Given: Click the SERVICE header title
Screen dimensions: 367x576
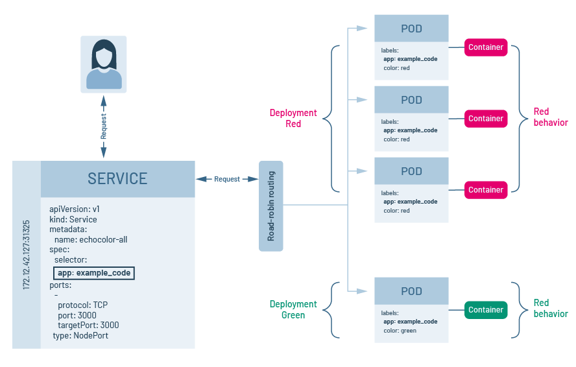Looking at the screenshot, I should tap(117, 178).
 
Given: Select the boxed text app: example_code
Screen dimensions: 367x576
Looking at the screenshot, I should tap(93, 273).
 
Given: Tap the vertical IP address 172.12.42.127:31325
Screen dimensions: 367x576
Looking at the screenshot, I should tap(27, 254).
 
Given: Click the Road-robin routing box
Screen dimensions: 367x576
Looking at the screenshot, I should tap(271, 206).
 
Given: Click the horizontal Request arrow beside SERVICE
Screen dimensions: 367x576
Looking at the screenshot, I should tap(227, 179).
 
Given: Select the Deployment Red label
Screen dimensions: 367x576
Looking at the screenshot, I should tap(293, 118).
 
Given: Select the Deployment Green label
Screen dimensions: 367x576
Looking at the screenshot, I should tap(293, 309).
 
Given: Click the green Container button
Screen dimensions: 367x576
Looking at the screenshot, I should tap(486, 310).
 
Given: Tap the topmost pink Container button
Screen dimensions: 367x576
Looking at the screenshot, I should tap(486, 47).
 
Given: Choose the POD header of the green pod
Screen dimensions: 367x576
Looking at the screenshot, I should tap(411, 291).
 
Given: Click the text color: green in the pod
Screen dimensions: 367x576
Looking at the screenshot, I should tap(400, 330).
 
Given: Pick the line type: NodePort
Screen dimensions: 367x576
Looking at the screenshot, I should tap(80, 335).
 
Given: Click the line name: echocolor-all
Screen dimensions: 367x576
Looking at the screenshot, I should tap(91, 239).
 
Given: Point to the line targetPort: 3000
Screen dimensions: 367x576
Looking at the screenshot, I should tap(88, 325).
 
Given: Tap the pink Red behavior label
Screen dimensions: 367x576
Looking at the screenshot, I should tap(550, 117).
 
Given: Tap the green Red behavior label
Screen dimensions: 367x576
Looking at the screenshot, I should tap(550, 308).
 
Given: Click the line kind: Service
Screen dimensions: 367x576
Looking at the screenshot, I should tap(73, 219).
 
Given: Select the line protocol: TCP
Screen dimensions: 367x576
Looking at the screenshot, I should tap(82, 305).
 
